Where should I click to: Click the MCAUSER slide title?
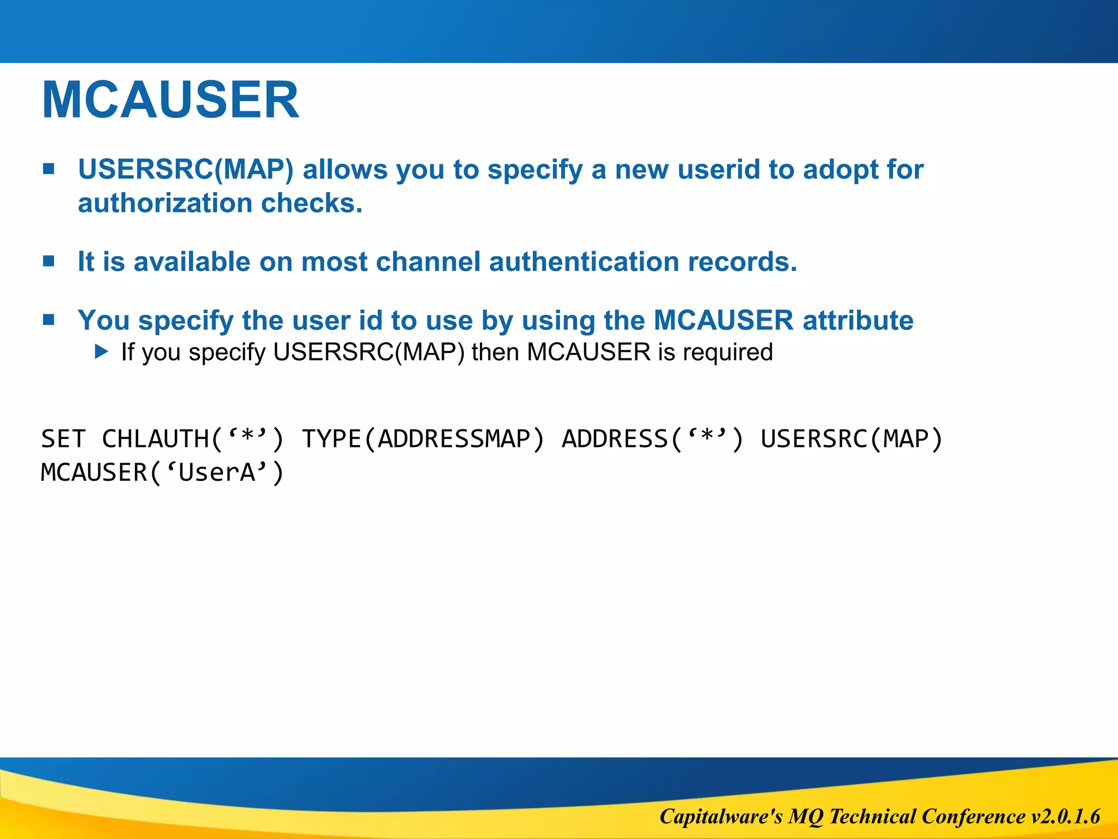[170, 100]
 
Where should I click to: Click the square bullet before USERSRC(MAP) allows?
[49, 169]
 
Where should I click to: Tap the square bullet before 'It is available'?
[49, 261]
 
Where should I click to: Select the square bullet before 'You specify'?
[49, 320]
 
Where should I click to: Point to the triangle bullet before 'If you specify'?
[102, 351]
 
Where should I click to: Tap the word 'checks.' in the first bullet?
[312, 203]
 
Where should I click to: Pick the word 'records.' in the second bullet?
[742, 262]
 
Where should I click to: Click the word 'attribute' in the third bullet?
[858, 320]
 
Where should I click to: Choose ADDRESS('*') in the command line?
[653, 439]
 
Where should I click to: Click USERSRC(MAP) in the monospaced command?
[852, 439]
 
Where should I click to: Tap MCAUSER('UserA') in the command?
[163, 472]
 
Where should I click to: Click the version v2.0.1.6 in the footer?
[1065, 817]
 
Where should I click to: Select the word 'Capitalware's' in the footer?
[721, 817]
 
